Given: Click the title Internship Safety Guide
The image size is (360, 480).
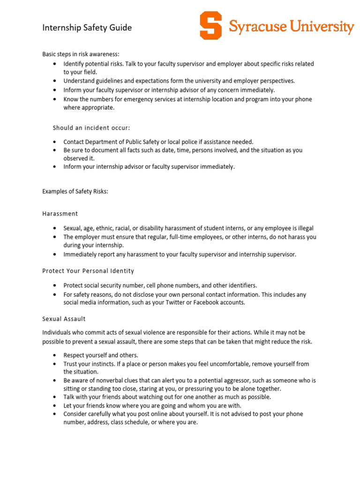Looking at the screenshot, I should coord(87,28).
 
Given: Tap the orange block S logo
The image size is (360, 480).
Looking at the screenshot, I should coord(210,26).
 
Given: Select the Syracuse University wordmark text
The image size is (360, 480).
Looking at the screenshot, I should coord(291,27).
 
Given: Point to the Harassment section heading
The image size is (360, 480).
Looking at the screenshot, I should coord(60,214).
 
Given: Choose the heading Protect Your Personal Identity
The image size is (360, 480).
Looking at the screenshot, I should coord(88,271).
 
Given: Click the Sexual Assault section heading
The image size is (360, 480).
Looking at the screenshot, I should coord(64,319).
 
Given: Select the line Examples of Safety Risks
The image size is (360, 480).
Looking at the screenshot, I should coord(75,191).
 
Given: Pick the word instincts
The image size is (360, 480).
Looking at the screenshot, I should coord(97,364).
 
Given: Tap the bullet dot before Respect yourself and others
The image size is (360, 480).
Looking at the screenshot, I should coord(55,355).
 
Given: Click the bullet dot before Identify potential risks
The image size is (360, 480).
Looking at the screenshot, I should coord(55,64).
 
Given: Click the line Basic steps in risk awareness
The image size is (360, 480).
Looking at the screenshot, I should coord(84,54).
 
